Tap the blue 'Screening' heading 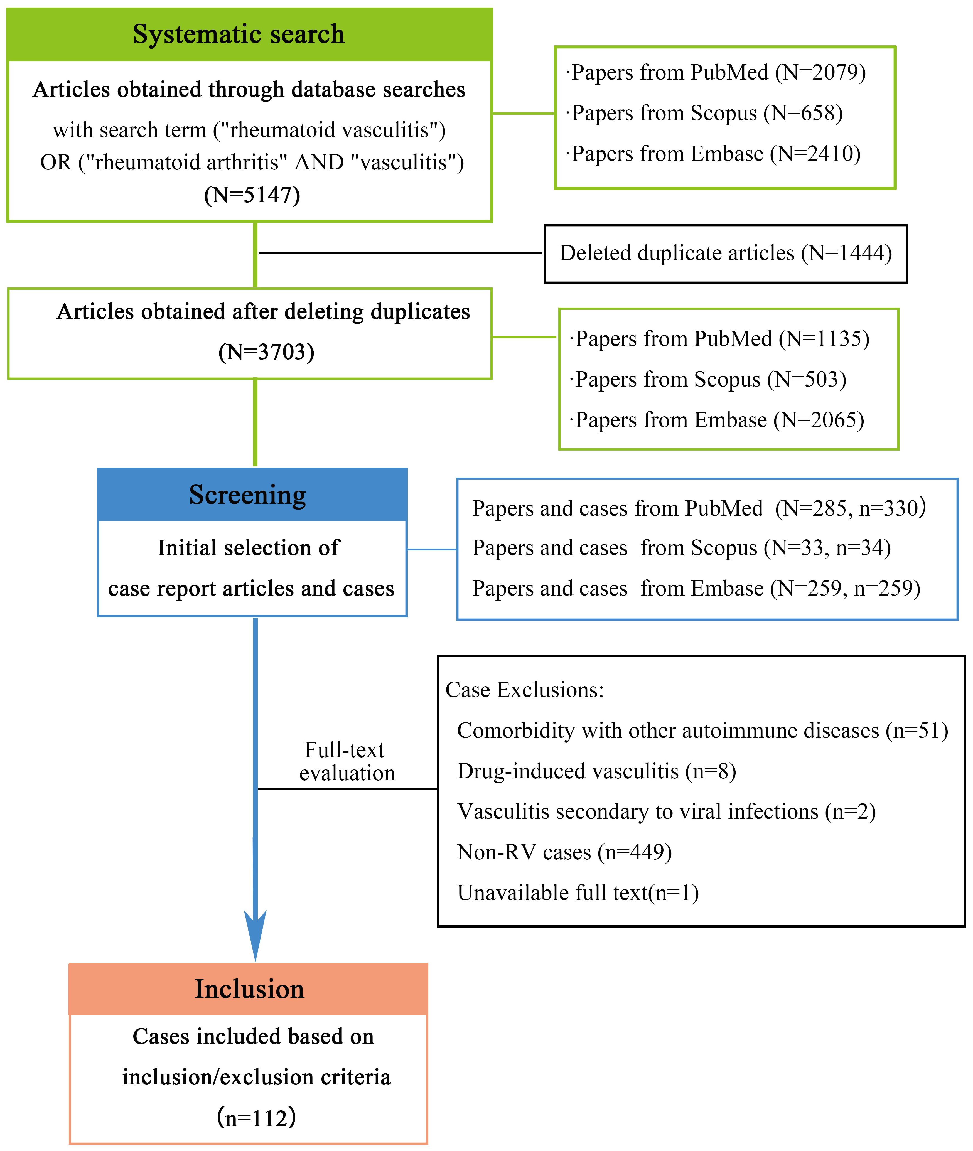(248, 495)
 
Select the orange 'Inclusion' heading (249, 989)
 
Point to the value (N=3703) (266, 352)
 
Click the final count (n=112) (257, 1117)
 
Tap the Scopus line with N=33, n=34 (682, 548)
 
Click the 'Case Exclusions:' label (525, 690)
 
